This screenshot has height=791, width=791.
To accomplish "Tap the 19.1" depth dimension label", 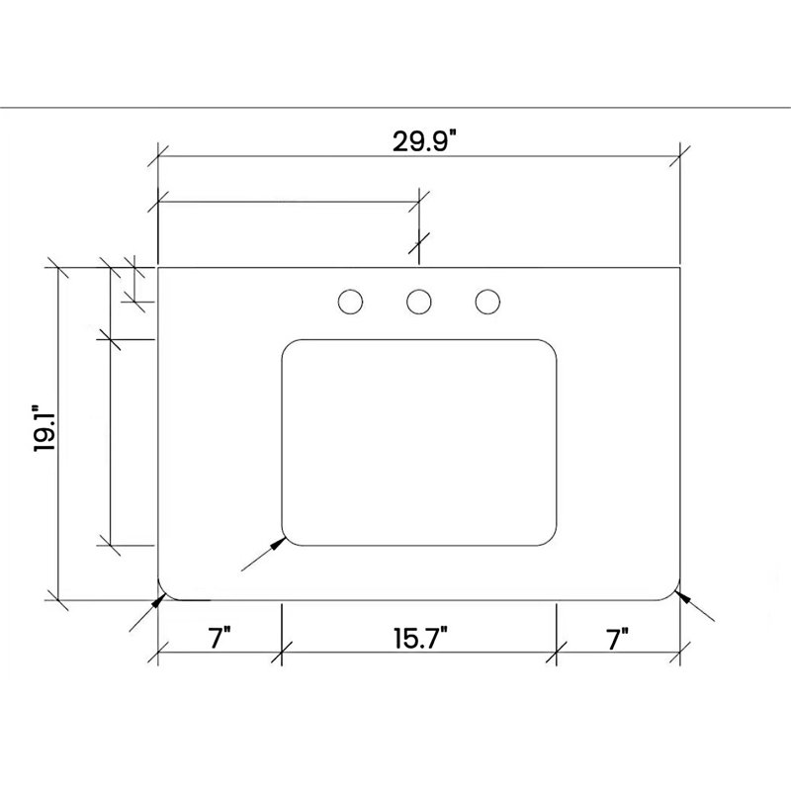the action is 44,428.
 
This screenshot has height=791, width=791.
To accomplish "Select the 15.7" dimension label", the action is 421,638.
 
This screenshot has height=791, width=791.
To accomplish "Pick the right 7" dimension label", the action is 617,639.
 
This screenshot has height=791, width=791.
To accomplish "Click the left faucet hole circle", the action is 351,303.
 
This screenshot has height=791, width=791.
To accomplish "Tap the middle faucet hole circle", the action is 419,303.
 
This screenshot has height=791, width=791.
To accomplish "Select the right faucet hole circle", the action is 487,303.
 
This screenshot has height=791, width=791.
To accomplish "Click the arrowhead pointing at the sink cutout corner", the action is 279,543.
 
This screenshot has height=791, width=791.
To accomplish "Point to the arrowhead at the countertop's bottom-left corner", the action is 159,601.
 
